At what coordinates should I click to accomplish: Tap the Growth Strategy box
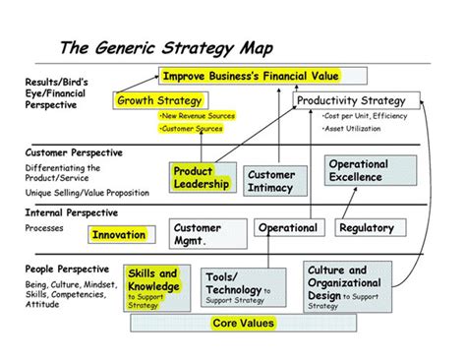point(159,100)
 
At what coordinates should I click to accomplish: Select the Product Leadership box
point(202,177)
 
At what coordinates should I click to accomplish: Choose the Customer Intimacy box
point(271,180)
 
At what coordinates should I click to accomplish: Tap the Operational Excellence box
point(359,171)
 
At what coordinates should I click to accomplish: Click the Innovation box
point(119,234)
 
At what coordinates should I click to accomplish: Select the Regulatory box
point(367,228)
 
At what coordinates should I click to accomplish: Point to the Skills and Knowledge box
point(153,284)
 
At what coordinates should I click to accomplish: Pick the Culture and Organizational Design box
point(344,283)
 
